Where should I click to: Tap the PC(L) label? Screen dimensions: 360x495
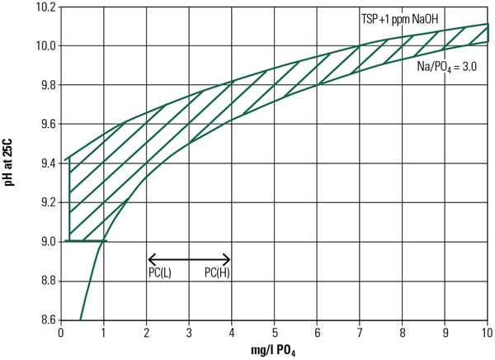coord(160,272)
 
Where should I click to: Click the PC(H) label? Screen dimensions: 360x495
coord(217,272)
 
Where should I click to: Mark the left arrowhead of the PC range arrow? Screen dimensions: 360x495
coord(149,258)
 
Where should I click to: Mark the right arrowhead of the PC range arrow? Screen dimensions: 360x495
coord(229,258)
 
